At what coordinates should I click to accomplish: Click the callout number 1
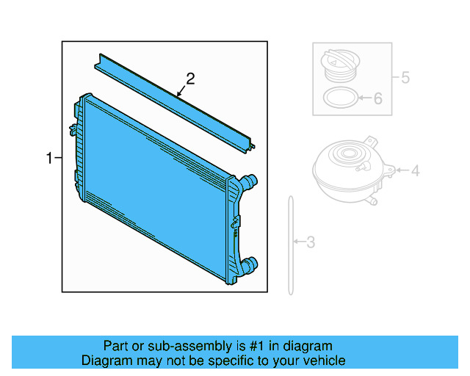tap(50, 158)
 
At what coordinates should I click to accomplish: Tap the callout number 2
tap(190, 79)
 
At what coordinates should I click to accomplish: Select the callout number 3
tap(311, 242)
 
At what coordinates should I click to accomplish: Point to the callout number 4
tap(415, 171)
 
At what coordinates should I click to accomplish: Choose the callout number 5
tap(404, 76)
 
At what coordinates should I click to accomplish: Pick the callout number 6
tap(377, 98)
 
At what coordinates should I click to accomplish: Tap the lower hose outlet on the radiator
tap(250, 264)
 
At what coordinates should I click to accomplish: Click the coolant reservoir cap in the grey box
tap(339, 64)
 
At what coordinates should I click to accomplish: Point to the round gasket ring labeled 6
tap(340, 98)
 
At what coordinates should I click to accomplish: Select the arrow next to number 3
tap(298, 241)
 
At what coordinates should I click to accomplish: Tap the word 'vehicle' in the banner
tap(322, 361)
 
